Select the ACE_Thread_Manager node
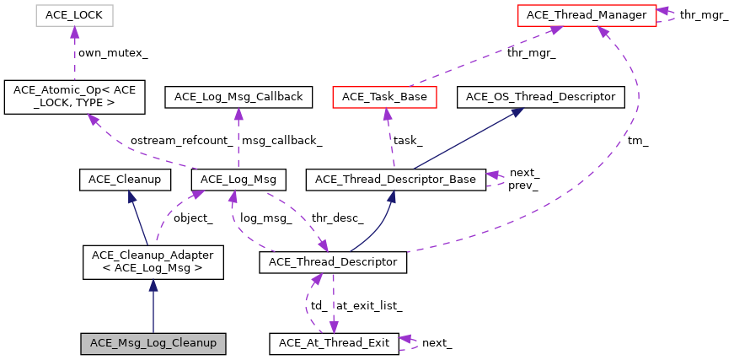coord(587,14)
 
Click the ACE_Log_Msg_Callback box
coord(238,97)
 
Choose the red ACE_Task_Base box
coord(386,97)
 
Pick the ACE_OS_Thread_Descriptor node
coord(541,97)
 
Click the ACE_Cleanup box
coord(125,179)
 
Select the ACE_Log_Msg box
coord(239,179)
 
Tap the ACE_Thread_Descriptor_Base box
coord(395,179)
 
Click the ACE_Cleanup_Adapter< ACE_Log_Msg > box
coord(153,261)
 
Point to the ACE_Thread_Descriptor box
coord(333,261)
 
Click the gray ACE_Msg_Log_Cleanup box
coord(153,343)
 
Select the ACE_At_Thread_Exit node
coord(333,343)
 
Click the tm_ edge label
coord(637,141)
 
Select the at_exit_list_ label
coord(368,305)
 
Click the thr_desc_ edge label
coord(337,218)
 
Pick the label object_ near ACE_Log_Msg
coord(193,218)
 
